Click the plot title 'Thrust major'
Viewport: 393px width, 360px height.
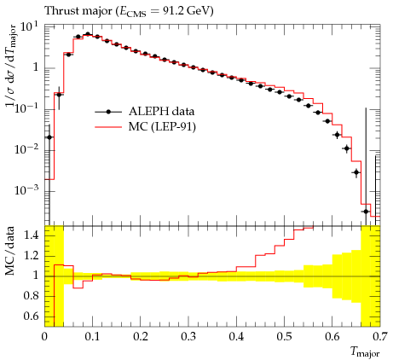[78, 11]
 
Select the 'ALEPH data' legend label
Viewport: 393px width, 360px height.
[161, 111]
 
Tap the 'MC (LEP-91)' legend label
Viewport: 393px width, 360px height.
[162, 126]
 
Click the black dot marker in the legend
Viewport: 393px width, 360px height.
[108, 112]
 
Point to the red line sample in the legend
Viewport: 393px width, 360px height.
[108, 127]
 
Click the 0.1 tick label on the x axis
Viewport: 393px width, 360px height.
[92, 337]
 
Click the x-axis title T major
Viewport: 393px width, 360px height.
[365, 352]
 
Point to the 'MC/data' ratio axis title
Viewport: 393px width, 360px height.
[10, 252]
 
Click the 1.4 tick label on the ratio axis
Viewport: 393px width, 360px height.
[31, 235]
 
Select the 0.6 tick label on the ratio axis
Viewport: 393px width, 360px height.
[31, 316]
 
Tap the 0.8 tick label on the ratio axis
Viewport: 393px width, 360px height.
[31, 296]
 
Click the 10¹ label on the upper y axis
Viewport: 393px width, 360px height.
[29, 28]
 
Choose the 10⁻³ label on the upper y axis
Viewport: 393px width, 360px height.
[26, 190]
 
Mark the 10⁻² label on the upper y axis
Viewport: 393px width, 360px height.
[26, 148]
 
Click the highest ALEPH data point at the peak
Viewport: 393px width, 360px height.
[88, 34]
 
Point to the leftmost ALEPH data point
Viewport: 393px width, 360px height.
[49, 137]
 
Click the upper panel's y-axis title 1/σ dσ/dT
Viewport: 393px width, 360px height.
[11, 68]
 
